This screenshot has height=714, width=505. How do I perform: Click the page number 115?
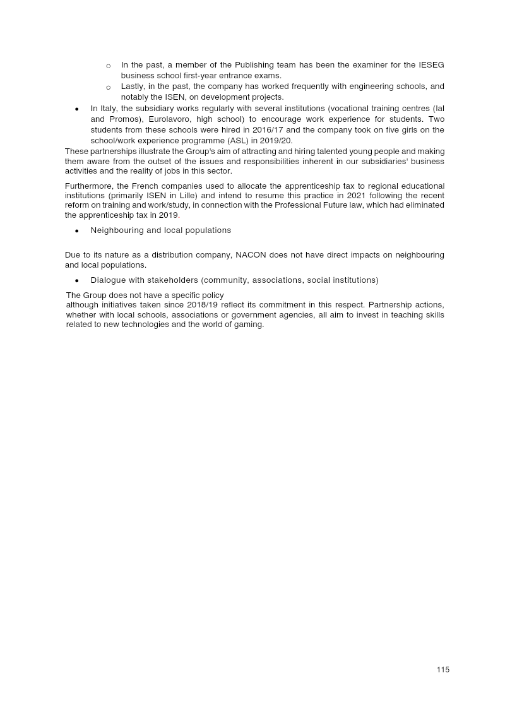[443, 670]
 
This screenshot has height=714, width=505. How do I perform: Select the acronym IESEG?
[431, 65]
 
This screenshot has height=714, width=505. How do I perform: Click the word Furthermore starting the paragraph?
[89, 186]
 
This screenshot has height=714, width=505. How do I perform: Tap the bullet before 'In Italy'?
[76, 109]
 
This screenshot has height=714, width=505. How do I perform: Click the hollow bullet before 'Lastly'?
[109, 87]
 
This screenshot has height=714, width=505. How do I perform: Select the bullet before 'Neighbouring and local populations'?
[76, 231]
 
